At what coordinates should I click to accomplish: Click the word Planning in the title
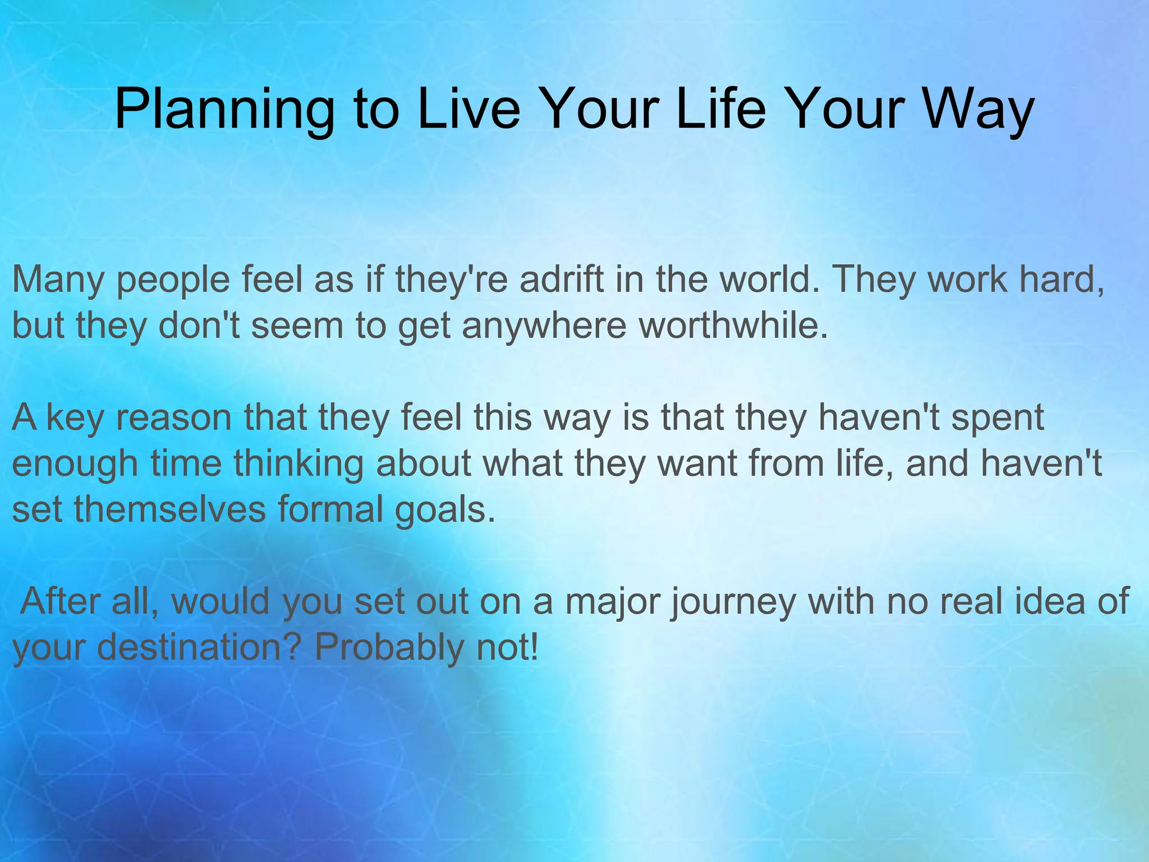(224, 109)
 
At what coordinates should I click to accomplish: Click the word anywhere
(544, 327)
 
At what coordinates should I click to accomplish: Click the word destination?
(199, 648)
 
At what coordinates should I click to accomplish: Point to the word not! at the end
(507, 648)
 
